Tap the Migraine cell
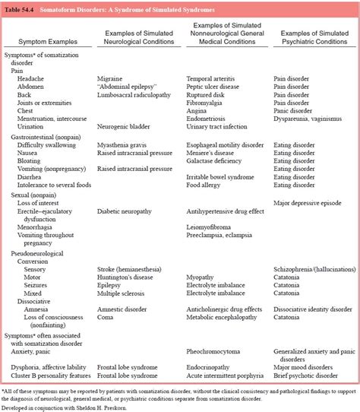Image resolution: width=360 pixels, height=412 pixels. coord(111,78)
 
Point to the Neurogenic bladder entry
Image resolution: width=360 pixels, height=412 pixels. coord(125,128)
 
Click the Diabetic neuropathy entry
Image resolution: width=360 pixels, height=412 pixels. coord(127,212)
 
